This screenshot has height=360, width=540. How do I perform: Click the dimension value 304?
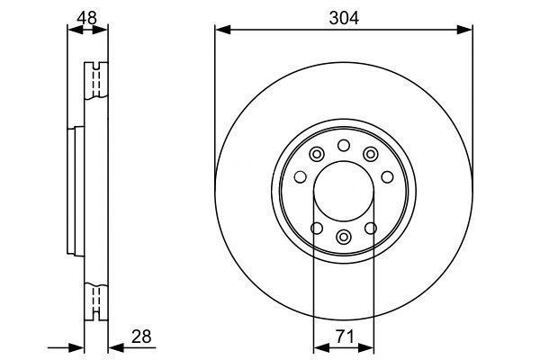344,18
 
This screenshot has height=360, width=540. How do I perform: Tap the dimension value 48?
86,18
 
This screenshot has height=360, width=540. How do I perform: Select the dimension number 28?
141,337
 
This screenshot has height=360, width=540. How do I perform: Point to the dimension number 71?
345,337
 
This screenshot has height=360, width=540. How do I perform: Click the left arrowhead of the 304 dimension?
223,30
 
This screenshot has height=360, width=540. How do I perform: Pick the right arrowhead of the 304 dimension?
464,30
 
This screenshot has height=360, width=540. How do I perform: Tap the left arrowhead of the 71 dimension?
321,348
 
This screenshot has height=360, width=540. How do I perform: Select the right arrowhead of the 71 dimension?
366,348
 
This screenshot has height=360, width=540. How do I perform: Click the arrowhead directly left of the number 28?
116,348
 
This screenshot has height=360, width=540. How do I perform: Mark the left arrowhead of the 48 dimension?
76,30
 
